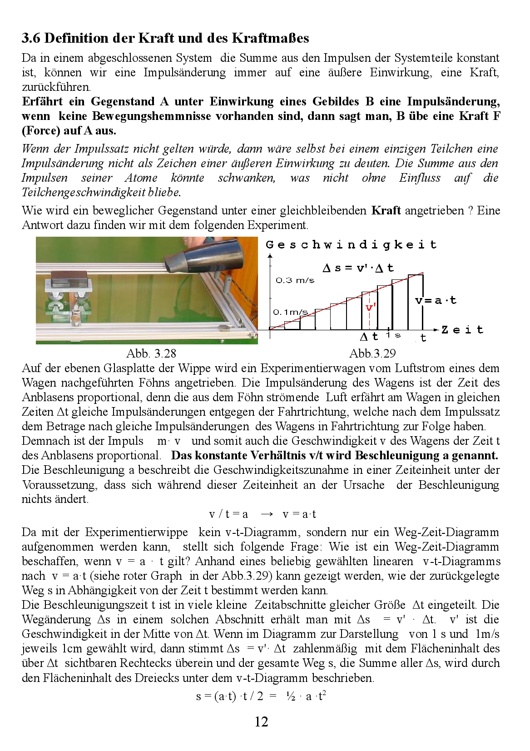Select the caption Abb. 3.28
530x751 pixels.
(x=151, y=353)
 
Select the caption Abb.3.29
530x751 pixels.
(x=372, y=353)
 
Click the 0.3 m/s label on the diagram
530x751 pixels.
(x=295, y=280)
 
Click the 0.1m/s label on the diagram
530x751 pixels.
(x=290, y=312)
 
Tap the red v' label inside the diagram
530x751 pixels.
(x=370, y=308)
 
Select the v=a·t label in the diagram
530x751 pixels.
(x=436, y=300)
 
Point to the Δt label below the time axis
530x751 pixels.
(x=369, y=337)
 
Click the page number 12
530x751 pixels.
(x=261, y=721)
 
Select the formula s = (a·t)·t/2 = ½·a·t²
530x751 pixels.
(x=261, y=696)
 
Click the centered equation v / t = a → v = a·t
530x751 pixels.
(x=262, y=514)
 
